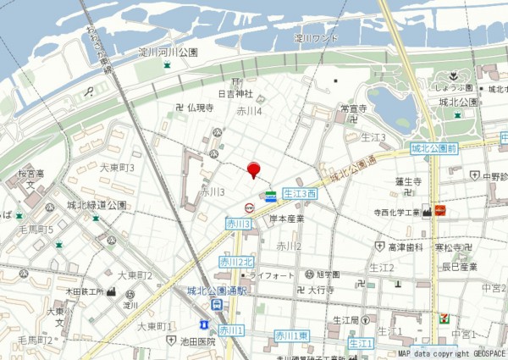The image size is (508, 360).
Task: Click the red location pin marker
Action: coord(253,169)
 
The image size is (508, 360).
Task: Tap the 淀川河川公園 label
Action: coord(168,53)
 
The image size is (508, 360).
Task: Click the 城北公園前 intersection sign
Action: coord(433,148)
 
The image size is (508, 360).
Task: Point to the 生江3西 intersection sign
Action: coord(300,194)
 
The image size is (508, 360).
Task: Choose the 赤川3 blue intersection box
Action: coord(238,224)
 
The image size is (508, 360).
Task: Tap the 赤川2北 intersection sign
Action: coord(236,262)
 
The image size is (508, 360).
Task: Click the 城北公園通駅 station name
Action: coord(218,291)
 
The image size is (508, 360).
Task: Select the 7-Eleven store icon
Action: coord(444,319)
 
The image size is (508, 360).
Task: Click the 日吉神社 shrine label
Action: coord(236,94)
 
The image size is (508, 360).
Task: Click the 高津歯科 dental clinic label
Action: coord(406,246)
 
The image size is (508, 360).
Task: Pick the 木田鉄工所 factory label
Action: coord(85,291)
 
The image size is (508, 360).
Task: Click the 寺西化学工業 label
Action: coord(397,212)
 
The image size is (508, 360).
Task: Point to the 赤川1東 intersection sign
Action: coord(291,336)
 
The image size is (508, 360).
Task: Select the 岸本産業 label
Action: coord(287,219)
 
